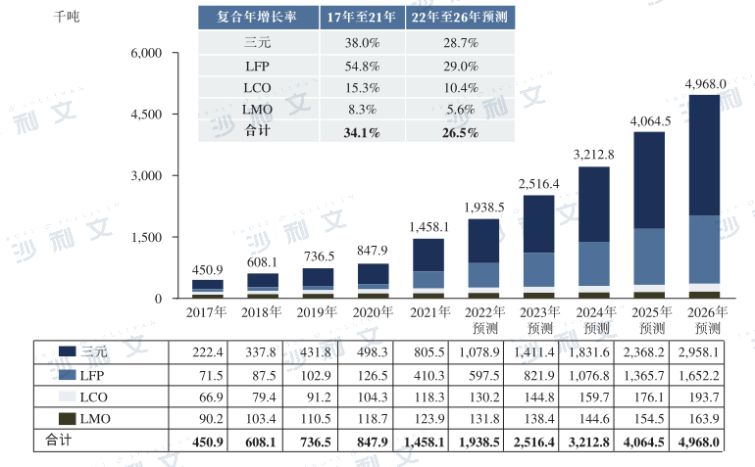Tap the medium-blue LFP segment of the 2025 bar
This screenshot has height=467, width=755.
click(x=648, y=257)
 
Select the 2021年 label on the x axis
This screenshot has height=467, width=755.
click(x=428, y=312)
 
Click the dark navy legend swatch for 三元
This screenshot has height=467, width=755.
click(x=68, y=350)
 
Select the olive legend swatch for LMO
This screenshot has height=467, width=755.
click(x=68, y=419)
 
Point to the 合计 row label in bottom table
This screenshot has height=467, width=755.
click(x=61, y=442)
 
